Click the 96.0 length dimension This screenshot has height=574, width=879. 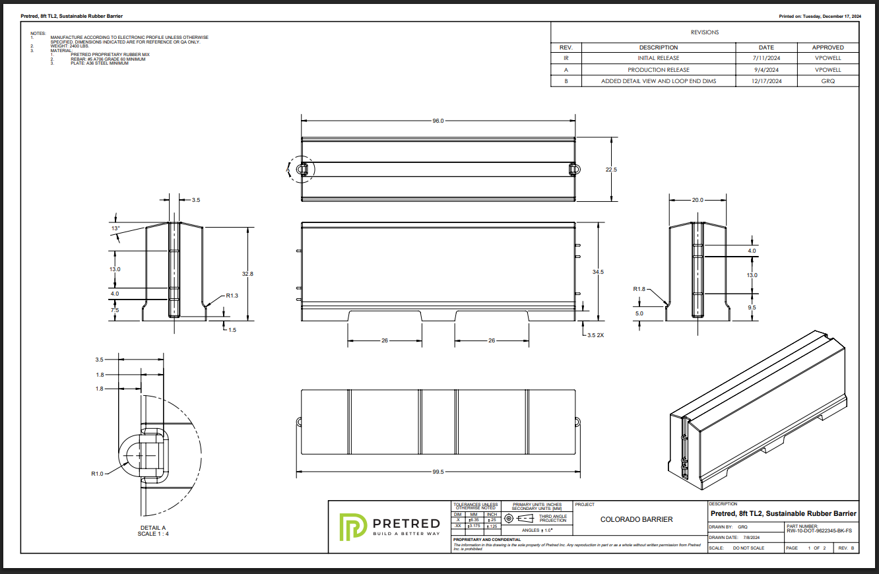[x=438, y=121]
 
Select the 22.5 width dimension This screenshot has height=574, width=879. [x=611, y=170]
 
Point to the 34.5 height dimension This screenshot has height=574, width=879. [x=598, y=272]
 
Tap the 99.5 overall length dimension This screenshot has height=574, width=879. [x=438, y=472]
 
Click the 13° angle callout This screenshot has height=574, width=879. [x=115, y=228]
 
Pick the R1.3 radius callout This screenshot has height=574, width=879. [x=232, y=296]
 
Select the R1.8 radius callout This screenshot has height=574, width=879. [x=639, y=289]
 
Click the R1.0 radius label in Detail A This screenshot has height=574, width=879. [x=97, y=473]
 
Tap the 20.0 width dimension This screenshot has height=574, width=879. [x=698, y=200]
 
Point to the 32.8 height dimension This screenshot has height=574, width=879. [x=247, y=273]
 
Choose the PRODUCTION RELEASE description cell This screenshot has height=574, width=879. [x=658, y=70]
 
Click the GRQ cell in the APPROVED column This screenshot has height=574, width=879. [x=828, y=81]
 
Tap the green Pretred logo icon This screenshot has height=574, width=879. [x=351, y=526]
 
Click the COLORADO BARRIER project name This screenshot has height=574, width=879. [x=636, y=519]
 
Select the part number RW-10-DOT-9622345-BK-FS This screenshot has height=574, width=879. [x=819, y=530]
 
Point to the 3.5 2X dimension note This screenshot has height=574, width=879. [x=595, y=335]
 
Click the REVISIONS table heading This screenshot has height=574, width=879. [x=705, y=32]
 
